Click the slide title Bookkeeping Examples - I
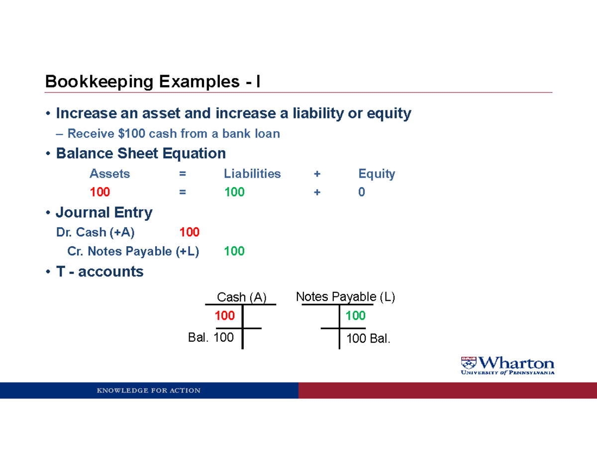(x=152, y=82)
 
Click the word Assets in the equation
(x=109, y=174)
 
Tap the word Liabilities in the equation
(x=252, y=174)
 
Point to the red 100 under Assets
(x=99, y=192)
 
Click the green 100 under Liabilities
(x=234, y=192)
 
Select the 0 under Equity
(x=362, y=192)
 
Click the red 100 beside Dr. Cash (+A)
(x=189, y=232)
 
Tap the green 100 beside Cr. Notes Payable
(x=234, y=251)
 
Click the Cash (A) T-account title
(x=242, y=297)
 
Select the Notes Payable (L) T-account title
(x=346, y=297)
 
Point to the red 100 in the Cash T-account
(x=225, y=316)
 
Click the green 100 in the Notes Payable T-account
(x=356, y=316)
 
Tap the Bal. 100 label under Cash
(x=211, y=338)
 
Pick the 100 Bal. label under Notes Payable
(x=369, y=339)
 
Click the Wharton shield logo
(x=469, y=363)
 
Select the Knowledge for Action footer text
(x=149, y=390)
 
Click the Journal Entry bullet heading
(x=104, y=213)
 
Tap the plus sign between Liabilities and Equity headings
(x=317, y=174)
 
